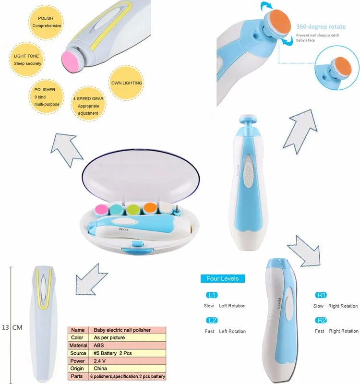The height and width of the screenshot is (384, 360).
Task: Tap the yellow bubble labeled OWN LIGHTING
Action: click(x=126, y=83)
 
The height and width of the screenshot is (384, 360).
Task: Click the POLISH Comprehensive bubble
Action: click(x=46, y=22)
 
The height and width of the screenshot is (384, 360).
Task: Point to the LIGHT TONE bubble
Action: click(x=27, y=60)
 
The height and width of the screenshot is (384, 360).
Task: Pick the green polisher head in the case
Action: click(x=134, y=210)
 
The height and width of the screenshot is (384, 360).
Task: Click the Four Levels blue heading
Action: click(x=222, y=278)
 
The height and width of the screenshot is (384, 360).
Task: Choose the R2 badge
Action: click(x=322, y=320)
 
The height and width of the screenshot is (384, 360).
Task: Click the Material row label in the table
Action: click(x=78, y=345)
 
